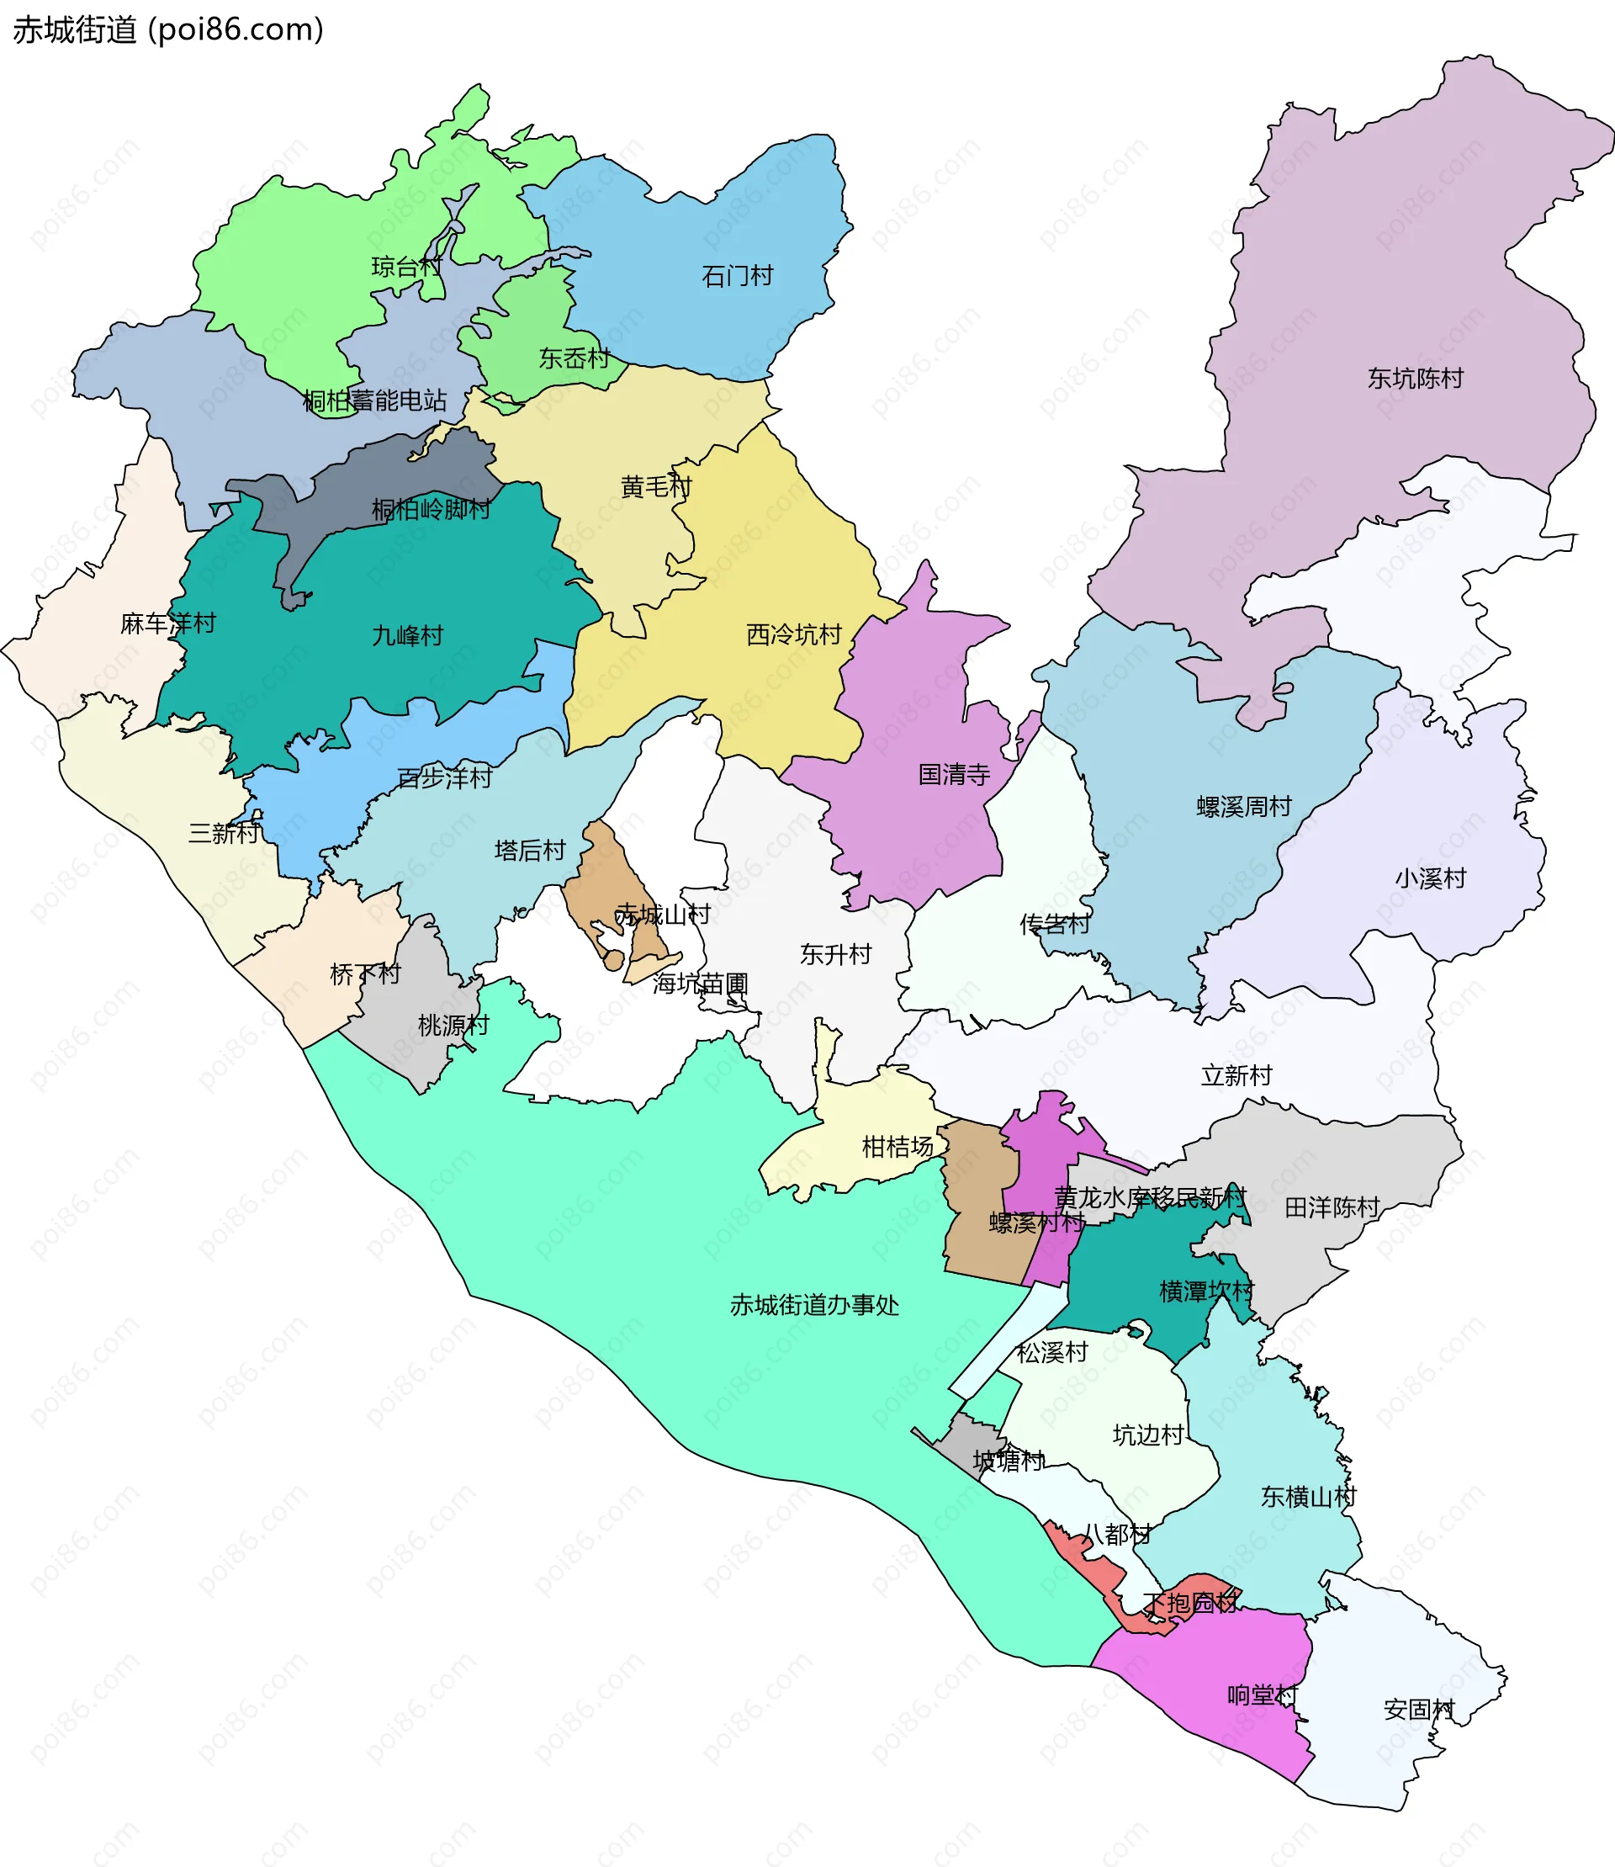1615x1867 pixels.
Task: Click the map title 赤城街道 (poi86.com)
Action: pos(167,29)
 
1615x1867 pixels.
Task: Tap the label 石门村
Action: pos(737,276)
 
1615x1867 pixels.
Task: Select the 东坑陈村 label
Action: pos(1415,379)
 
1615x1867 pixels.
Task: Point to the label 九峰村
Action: pos(407,635)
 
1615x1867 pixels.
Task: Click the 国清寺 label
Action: pos(954,774)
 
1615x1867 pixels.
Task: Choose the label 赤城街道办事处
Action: pos(814,1304)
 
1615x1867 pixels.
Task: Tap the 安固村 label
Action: pos(1418,1709)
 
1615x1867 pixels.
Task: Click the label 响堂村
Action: pos(1263,1695)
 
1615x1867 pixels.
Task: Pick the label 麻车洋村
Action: pos(167,623)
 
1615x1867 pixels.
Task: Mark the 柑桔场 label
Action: pos(898,1147)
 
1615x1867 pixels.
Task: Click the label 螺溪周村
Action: pos(1244,807)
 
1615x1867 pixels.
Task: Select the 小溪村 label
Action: pos(1430,878)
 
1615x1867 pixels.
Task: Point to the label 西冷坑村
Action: pos(793,634)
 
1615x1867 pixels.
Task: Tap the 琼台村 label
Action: pos(406,267)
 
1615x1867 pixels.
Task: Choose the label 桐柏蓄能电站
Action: pos(374,400)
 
